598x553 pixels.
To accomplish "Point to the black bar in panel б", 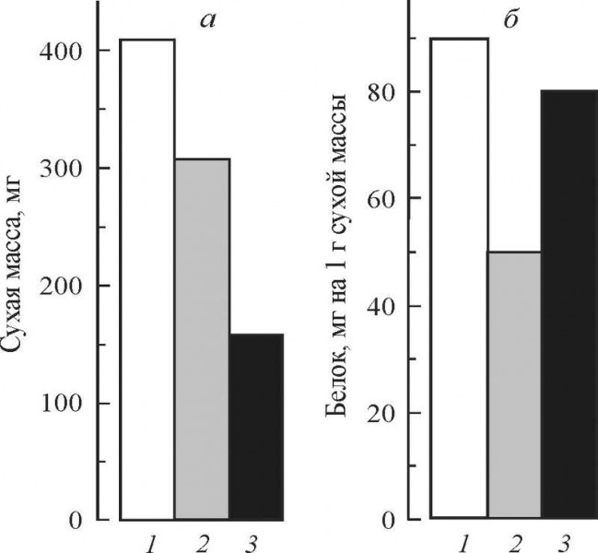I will tap(569, 304).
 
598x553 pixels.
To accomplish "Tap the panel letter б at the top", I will tap(510, 17).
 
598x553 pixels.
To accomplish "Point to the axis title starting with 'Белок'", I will tap(342, 259).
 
